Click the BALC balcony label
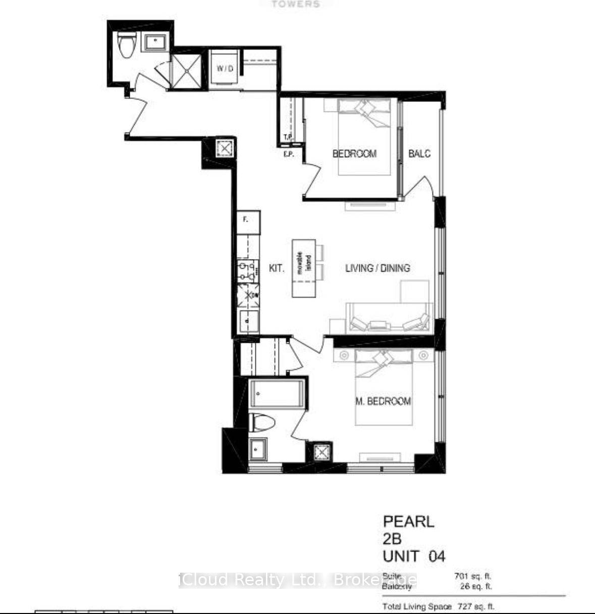pos(419,154)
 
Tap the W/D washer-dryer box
pos(225,69)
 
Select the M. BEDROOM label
pos(383,401)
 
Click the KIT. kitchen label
pos(276,269)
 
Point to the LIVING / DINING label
pos(377,268)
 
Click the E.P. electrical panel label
pos(289,155)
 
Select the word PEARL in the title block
pos(408,521)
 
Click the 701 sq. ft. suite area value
pos(472,576)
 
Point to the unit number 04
pos(437,557)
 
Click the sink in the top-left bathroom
pos(157,42)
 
